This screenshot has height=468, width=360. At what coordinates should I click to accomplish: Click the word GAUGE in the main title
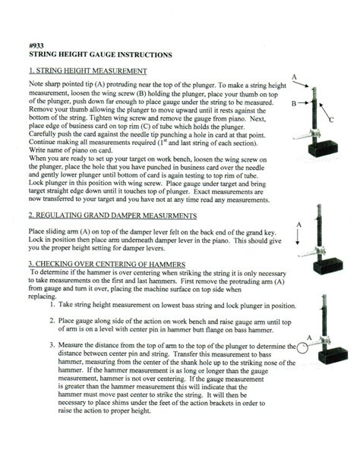pyautogui.click(x=112, y=55)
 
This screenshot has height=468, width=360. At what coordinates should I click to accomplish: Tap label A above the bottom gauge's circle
pyautogui.click(x=309, y=336)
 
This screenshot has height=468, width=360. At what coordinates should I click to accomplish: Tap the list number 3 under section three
pyautogui.click(x=51, y=346)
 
